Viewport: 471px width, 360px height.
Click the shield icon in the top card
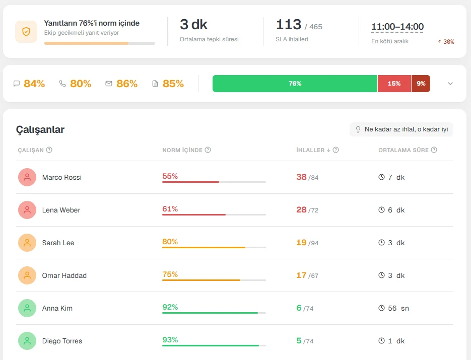pos(26,32)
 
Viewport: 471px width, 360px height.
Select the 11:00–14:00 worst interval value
pos(397,26)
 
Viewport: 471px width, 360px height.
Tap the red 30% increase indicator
pos(446,42)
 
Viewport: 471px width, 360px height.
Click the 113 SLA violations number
pos(288,24)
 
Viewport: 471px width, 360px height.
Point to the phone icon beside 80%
pos(62,84)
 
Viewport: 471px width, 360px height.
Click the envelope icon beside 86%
pos(109,84)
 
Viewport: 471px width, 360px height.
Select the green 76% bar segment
pos(295,84)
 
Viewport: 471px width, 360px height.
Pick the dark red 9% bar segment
pos(421,84)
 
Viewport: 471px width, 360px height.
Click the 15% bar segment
pos(394,84)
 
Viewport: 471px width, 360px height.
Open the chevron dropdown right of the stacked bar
pos(450,84)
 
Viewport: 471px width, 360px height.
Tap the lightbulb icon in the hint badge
pos(358,129)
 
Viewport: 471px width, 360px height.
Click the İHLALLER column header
pos(310,150)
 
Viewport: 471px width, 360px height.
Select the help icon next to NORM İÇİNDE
pos(208,150)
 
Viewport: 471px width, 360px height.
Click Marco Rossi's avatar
pos(27,177)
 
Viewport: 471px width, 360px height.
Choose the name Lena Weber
pos(61,210)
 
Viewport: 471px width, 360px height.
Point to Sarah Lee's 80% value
pos(170,242)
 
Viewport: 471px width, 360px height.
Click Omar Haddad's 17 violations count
pos(301,275)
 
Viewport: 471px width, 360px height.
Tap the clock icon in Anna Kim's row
pos(381,308)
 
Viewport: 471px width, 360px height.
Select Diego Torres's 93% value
pos(170,340)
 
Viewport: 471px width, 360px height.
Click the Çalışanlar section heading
pos(40,130)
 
